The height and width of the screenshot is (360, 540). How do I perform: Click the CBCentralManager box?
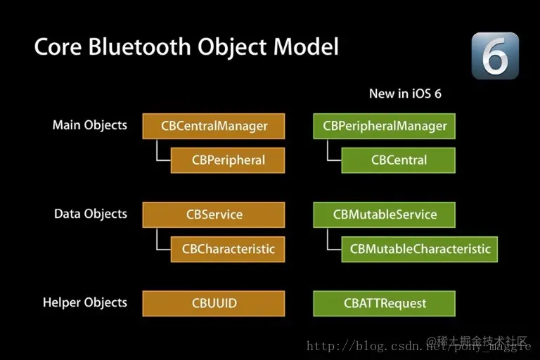(214, 127)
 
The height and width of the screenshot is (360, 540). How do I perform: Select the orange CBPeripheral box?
(228, 160)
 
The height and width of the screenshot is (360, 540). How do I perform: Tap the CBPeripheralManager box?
(385, 127)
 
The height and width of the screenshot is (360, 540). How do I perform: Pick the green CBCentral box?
(399, 160)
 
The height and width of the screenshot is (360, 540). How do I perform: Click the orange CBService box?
(214, 215)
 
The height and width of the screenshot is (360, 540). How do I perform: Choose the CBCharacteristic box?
(228, 249)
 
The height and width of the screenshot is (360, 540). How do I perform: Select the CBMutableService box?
(385, 215)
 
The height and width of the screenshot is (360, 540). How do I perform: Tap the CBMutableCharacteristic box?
(420, 249)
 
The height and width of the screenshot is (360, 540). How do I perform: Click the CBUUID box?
(214, 304)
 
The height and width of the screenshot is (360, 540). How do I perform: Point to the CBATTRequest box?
(385, 304)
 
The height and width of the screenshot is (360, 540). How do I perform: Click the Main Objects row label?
(89, 125)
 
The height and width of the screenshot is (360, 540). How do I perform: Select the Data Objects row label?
(90, 214)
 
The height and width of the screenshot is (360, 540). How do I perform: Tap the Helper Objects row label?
(84, 302)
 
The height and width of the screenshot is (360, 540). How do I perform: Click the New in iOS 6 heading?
(405, 94)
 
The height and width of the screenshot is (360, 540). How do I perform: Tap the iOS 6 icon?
(495, 55)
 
